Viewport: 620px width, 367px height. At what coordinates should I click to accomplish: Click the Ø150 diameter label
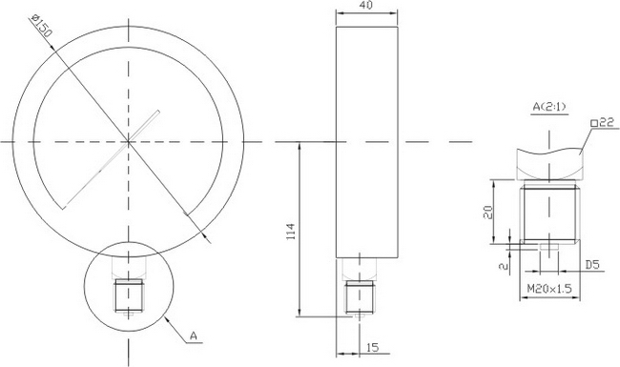[x=41, y=26]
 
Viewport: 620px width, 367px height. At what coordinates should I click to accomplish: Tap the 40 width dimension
[x=366, y=5]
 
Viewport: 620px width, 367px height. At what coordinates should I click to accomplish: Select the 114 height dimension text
[x=291, y=232]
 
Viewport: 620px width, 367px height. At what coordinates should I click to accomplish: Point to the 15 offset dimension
[x=373, y=347]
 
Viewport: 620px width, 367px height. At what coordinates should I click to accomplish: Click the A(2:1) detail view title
[x=549, y=107]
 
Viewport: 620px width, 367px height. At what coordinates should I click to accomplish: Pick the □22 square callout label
[x=602, y=123]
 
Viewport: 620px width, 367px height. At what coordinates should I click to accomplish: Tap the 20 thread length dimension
[x=488, y=212]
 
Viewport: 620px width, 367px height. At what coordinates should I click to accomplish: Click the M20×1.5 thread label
[x=549, y=289]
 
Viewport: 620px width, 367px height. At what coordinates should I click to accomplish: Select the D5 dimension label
[x=592, y=265]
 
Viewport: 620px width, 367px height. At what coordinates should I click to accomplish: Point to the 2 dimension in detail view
[x=504, y=266]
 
